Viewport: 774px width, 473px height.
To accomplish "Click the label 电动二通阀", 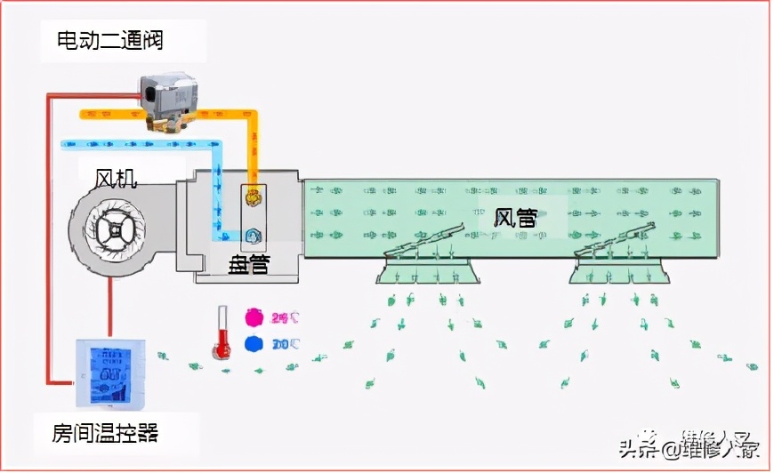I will [x=110, y=40].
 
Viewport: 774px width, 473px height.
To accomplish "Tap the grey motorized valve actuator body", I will [x=169, y=93].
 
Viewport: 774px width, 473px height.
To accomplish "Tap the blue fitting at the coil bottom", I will [x=253, y=236].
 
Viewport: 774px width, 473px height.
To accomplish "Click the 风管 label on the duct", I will [x=516, y=216].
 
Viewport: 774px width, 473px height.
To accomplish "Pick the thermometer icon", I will [x=222, y=331].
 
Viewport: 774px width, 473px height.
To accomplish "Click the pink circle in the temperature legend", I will [x=254, y=317].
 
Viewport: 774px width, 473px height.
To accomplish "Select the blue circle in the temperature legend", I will [x=254, y=344].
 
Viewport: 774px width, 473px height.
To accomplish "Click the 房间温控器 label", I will [x=105, y=434].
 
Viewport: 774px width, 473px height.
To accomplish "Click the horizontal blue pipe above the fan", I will [x=133, y=142].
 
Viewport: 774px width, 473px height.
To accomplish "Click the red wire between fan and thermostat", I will [x=110, y=307].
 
